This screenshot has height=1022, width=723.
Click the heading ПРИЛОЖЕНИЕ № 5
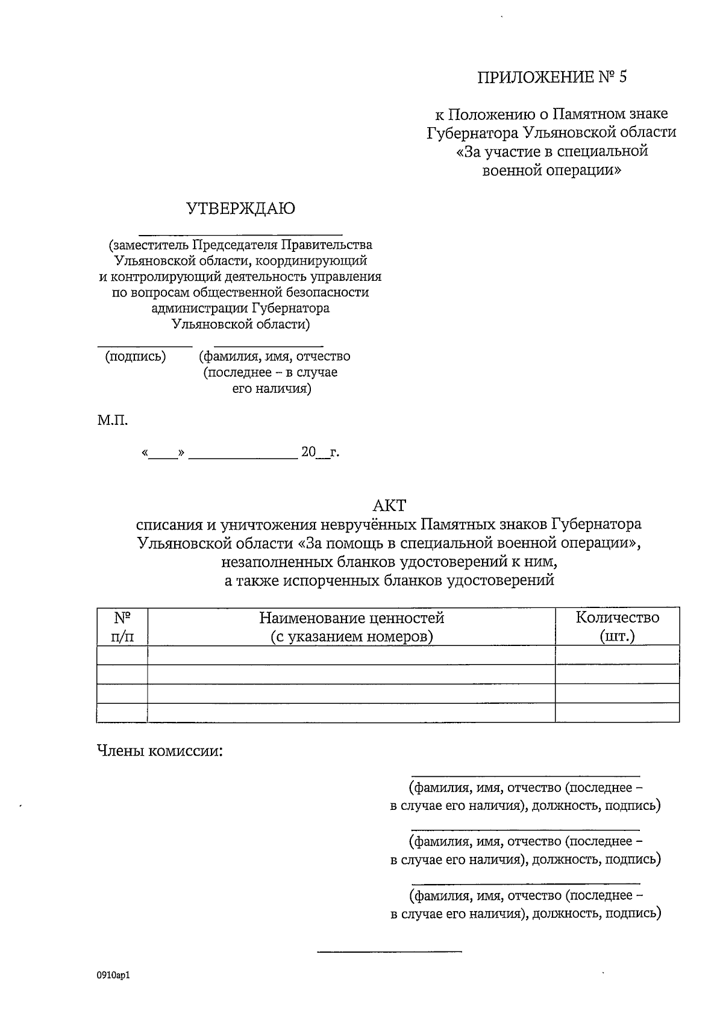point(552,77)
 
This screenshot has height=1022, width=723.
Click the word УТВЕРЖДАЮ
point(240,209)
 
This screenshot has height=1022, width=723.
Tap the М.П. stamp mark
point(113,421)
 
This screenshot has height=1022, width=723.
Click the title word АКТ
point(390,504)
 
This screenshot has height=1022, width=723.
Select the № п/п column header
point(122,627)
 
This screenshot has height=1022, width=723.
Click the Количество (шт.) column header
point(617,627)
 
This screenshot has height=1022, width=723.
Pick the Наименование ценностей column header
point(351,627)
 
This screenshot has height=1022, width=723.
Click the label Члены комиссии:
point(160,751)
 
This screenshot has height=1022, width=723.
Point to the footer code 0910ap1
point(113,975)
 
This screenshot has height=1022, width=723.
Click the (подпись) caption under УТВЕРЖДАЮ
point(135,356)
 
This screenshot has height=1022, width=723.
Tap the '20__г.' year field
point(319,452)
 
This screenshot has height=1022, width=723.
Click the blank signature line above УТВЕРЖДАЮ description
point(240,233)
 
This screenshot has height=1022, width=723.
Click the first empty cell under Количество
point(617,655)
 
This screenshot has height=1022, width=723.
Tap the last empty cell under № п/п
point(122,712)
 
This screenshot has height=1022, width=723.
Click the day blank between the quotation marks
point(163,454)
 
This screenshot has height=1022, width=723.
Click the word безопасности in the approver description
point(328,293)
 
